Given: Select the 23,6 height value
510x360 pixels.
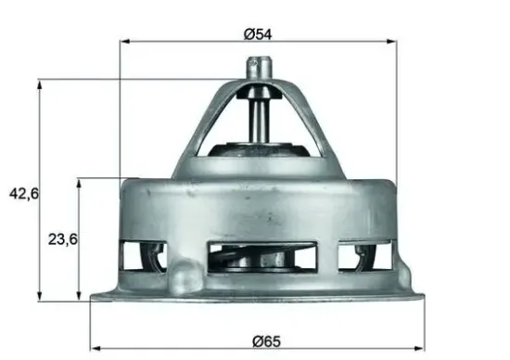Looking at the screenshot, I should [62, 238].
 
